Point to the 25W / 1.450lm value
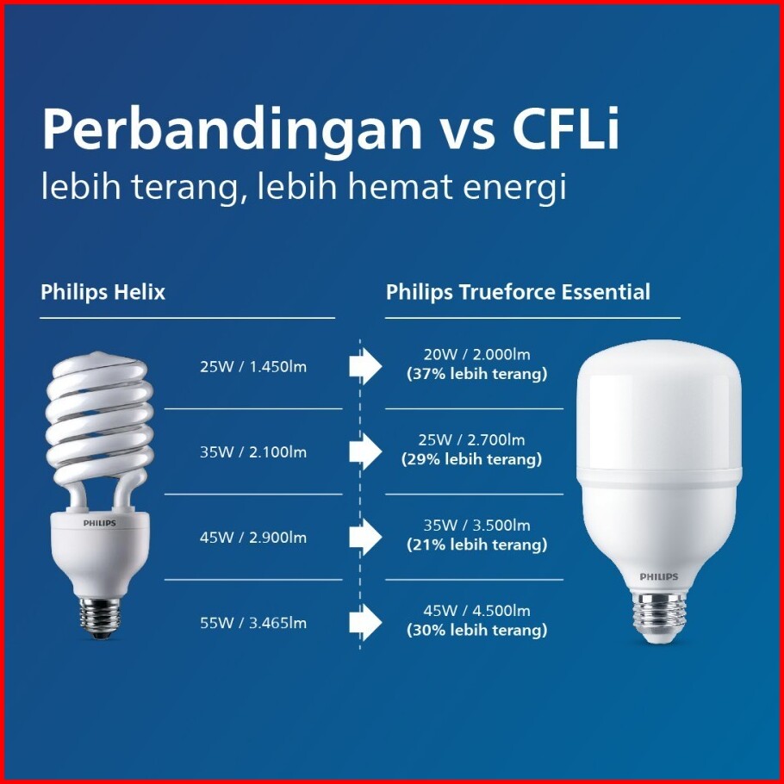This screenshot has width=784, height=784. (253, 366)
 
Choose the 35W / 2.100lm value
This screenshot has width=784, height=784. (253, 452)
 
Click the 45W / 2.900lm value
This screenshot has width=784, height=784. (253, 538)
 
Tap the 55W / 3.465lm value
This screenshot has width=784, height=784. (253, 623)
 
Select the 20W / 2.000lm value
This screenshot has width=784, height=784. (476, 354)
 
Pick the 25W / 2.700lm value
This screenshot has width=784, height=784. (471, 440)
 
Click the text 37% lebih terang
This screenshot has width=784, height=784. (477, 374)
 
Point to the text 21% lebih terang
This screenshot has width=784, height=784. (477, 544)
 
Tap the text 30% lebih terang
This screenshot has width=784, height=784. (477, 630)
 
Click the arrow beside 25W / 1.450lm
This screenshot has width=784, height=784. (365, 366)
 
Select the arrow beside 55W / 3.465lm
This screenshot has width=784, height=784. (365, 623)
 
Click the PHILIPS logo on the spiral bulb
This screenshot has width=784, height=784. (99, 523)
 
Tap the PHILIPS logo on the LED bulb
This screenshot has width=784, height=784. (659, 576)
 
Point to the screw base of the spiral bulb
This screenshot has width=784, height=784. (100, 617)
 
